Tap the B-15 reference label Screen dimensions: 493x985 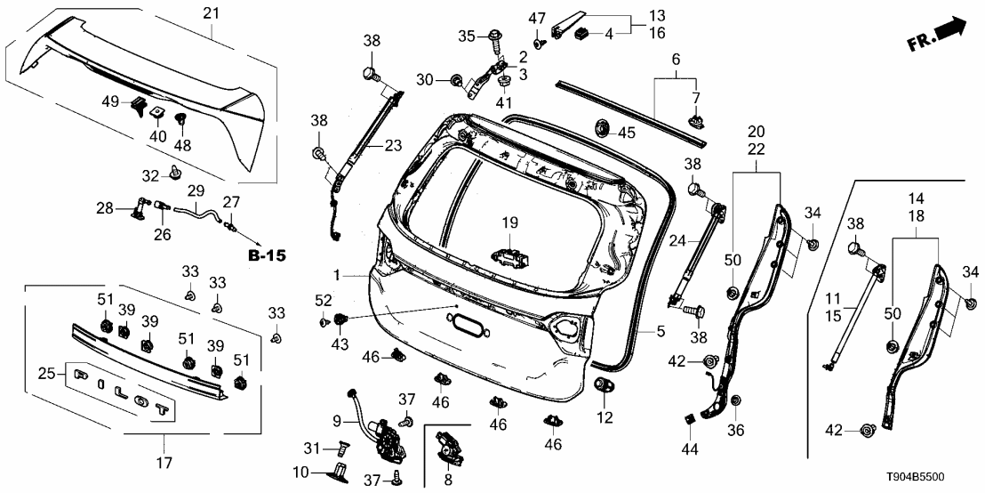point(266,255)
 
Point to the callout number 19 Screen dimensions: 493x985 point(509,222)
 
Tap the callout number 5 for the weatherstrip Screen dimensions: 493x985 point(661,331)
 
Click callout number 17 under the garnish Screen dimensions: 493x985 point(165,463)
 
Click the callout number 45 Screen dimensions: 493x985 point(628,133)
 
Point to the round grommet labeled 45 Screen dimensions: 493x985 point(602,132)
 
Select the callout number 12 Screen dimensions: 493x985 point(605,416)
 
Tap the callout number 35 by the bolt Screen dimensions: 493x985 point(466,36)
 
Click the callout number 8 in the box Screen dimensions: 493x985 point(447,479)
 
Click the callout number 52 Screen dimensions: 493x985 point(321,299)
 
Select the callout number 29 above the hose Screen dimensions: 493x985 point(196,190)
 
